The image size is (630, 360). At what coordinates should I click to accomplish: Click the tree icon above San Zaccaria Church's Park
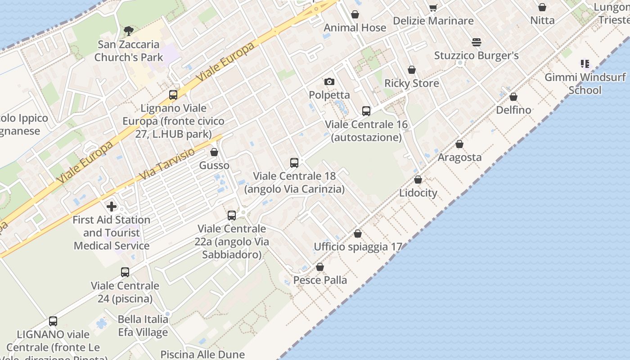point(129,31)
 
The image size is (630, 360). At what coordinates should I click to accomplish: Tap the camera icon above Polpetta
point(329,81)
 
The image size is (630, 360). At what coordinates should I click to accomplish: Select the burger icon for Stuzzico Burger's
point(477,42)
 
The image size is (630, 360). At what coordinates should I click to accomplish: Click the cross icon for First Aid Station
point(111,207)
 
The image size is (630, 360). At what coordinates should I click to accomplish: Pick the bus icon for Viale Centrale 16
point(366,111)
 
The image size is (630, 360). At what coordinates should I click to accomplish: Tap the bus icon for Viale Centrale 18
point(294,162)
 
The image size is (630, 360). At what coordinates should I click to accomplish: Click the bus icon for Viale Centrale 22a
point(232,215)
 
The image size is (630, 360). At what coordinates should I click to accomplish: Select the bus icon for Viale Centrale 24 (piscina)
point(125,272)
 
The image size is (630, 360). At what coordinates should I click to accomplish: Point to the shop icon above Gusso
point(214,152)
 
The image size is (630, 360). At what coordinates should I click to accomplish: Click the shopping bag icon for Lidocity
point(418,180)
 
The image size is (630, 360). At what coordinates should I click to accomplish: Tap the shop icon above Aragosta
point(459,144)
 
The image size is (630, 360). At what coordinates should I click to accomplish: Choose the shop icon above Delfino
point(513,97)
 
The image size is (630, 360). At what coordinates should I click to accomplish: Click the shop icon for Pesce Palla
point(320,267)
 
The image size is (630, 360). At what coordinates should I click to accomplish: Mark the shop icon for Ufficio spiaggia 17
point(358,234)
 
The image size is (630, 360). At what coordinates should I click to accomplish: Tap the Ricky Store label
point(411,83)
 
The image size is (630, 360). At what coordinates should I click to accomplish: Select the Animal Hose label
point(355,27)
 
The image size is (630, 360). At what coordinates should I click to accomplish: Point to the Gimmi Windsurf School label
point(585,83)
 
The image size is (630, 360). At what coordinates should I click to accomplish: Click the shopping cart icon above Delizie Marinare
point(433,8)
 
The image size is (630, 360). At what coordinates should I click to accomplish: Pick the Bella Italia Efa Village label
point(143,326)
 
